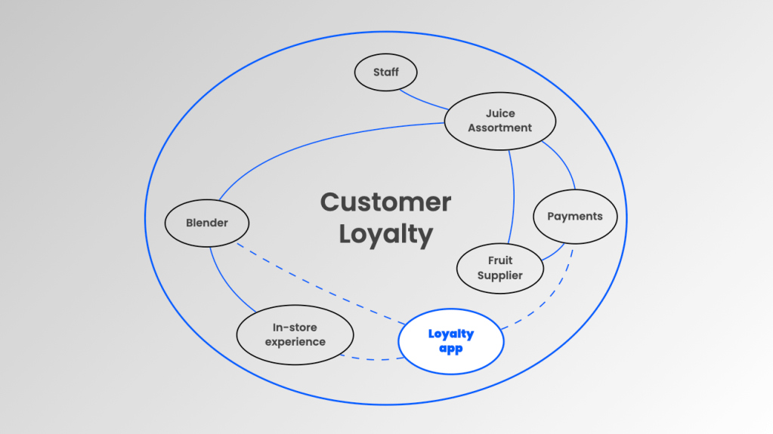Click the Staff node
click(x=385, y=72)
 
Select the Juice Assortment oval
click(x=499, y=121)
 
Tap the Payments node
click(x=575, y=217)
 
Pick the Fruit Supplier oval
click(x=499, y=268)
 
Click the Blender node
click(x=207, y=223)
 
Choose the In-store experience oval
click(x=295, y=334)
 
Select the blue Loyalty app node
click(x=450, y=342)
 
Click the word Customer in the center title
click(x=385, y=202)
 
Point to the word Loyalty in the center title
click(x=385, y=234)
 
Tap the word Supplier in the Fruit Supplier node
click(x=499, y=275)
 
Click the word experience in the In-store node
click(x=295, y=342)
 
